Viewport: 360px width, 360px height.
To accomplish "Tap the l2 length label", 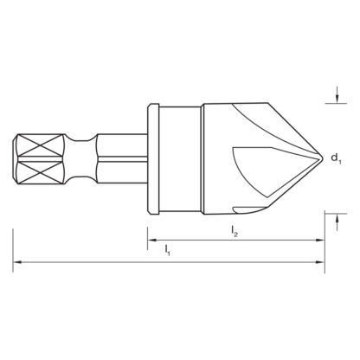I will tap(235, 229).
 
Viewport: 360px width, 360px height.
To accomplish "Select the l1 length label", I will tap(167, 250).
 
